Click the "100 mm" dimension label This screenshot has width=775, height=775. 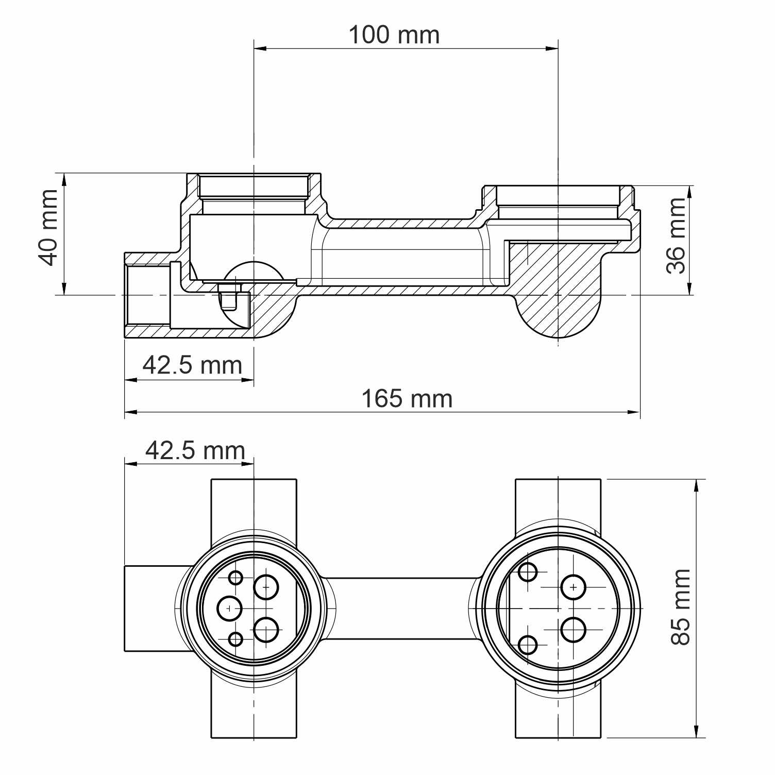click(x=394, y=35)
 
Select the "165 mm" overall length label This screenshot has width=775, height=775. click(x=407, y=399)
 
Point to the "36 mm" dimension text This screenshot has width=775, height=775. click(x=676, y=235)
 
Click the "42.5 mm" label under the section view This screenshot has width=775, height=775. click(x=192, y=365)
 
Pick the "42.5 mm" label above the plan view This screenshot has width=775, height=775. click(x=195, y=450)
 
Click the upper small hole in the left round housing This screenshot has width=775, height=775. click(x=235, y=578)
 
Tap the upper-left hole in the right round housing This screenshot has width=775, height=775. click(x=528, y=572)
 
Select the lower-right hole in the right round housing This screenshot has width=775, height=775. click(x=573, y=630)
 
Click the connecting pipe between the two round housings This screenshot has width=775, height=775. click(x=402, y=609)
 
